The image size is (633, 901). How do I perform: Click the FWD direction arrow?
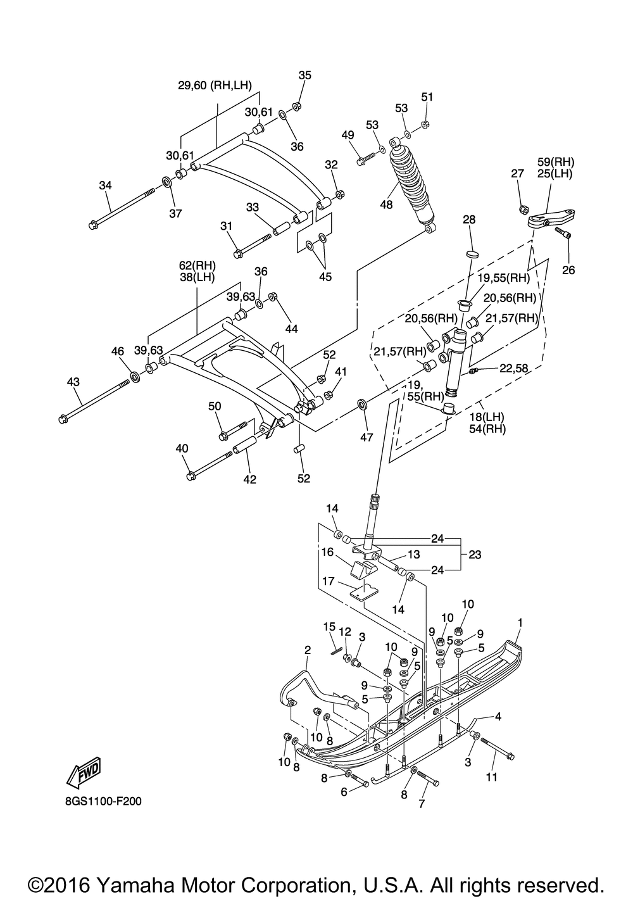84,772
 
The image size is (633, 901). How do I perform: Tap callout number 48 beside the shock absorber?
386,205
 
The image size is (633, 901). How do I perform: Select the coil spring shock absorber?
412,186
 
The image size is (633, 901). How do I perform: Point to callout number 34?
105,186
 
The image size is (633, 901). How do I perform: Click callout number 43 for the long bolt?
73,382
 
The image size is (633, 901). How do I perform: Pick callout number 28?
469,220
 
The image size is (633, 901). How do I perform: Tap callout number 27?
518,173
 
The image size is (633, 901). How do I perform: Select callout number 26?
568,270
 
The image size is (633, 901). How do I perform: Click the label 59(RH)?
556,162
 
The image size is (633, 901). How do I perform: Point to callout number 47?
367,438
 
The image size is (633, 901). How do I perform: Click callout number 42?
250,479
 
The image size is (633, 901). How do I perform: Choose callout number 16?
328,552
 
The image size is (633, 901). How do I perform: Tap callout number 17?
329,581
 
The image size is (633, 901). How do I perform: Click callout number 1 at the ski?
520,623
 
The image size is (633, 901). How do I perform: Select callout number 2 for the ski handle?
308,650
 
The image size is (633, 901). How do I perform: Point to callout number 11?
491,778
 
